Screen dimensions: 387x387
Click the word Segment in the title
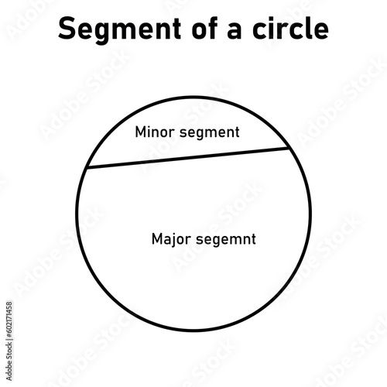(x=119, y=29)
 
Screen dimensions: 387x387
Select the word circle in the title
(x=290, y=28)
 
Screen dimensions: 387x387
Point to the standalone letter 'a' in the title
(x=235, y=30)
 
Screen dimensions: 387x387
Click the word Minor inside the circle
(x=155, y=132)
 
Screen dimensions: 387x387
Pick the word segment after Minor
(x=210, y=133)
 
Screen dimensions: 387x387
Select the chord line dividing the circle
(x=188, y=158)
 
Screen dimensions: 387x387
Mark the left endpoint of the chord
(x=87, y=168)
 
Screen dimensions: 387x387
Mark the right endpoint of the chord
(x=289, y=148)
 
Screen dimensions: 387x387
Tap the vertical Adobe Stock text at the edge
(x=9, y=361)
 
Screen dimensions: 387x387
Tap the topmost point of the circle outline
(x=193, y=97)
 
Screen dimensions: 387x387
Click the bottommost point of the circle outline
(x=193, y=330)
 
